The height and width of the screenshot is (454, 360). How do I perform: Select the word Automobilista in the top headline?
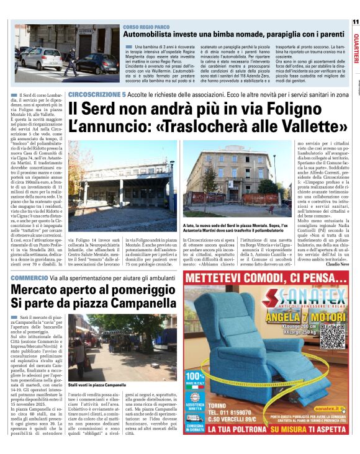150,37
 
